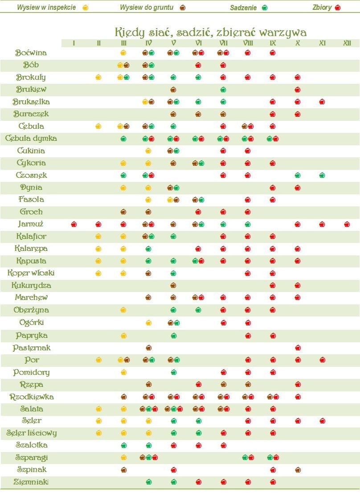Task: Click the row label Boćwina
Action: click(x=31, y=53)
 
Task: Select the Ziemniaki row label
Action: click(x=31, y=482)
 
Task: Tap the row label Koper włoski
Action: click(x=31, y=273)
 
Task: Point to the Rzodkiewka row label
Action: click(x=32, y=397)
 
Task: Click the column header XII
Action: click(x=347, y=43)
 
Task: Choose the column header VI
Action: click(x=198, y=43)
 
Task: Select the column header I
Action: click(x=74, y=43)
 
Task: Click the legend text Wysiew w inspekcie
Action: click(x=46, y=8)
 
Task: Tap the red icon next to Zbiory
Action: click(x=338, y=8)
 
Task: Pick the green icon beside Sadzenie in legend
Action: click(x=265, y=8)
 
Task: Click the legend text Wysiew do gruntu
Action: click(x=147, y=8)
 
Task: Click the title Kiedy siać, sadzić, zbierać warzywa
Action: click(x=211, y=32)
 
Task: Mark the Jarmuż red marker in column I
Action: click(x=74, y=224)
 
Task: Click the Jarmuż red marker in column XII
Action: click(x=347, y=224)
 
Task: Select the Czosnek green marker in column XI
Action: click(x=322, y=175)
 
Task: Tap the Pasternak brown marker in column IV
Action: click(x=149, y=347)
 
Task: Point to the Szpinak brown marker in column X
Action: click(x=298, y=469)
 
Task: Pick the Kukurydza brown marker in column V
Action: click(x=173, y=285)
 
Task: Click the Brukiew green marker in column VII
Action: click(x=223, y=90)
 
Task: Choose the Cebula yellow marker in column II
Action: click(x=98, y=126)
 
